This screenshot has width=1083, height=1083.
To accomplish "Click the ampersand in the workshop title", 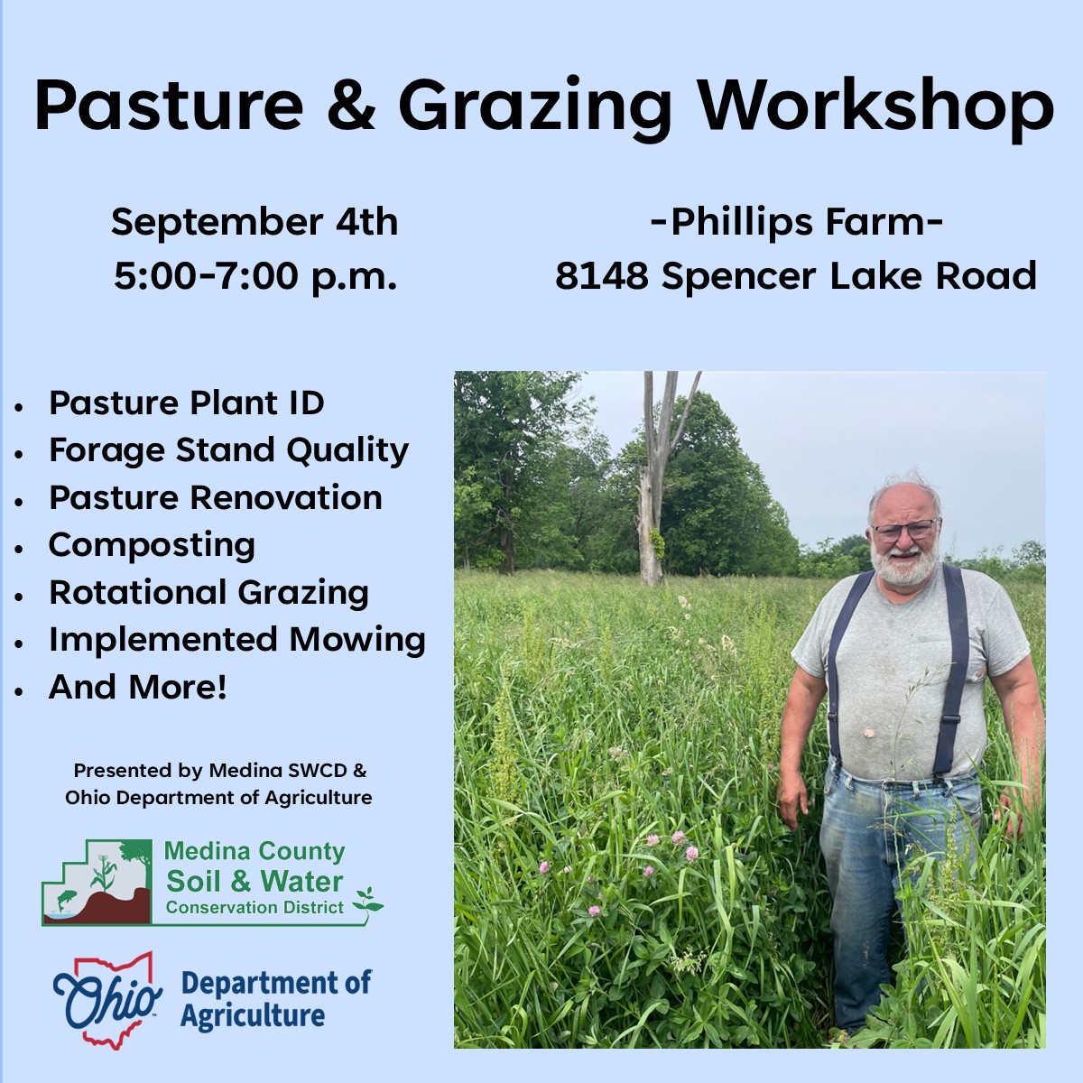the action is coord(351,105).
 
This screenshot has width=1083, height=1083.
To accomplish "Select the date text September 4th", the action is coord(255,223).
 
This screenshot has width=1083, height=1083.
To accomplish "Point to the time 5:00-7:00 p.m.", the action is coord(255,276).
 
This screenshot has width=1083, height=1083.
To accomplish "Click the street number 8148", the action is coord(602,275).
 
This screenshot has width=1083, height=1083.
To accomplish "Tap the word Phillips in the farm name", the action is coord(742,223).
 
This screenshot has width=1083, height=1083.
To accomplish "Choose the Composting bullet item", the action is coord(152,546).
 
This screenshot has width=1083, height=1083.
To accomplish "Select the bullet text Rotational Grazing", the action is coord(208,593).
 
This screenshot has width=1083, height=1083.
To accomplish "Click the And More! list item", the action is coord(138,687).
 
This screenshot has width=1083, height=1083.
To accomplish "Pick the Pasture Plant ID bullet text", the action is coord(187,403).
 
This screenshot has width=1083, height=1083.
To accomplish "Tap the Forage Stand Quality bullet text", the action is coord(228,450).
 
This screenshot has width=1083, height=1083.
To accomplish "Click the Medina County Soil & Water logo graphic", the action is coord(97,883).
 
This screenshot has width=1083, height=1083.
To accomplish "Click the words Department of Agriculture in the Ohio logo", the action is coord(275,1000).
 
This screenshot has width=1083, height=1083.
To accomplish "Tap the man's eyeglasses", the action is coord(904,530).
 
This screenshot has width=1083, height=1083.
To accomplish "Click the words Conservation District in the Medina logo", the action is coord(255,908).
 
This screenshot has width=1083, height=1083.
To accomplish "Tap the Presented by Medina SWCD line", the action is coord(219,771).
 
